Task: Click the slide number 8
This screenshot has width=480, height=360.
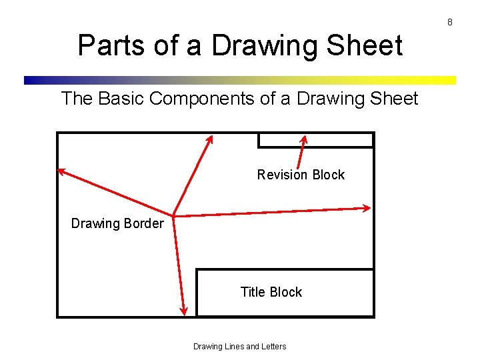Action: pos(450,22)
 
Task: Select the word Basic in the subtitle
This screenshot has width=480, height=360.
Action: pos(121,99)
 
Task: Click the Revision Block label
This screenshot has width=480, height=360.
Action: pos(301,175)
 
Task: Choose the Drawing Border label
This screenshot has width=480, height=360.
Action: pos(117,223)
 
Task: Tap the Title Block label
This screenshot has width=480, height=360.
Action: pos(271,292)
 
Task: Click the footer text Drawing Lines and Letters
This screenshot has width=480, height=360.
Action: pos(239,347)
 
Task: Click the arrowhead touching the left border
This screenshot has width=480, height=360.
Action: pos(61,171)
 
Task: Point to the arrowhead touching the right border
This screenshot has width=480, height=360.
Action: pos(367,208)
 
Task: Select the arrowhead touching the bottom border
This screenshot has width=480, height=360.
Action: pos(185,311)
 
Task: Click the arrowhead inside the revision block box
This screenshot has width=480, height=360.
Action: pos(304,139)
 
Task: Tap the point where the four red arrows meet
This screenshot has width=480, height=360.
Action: pos(173,215)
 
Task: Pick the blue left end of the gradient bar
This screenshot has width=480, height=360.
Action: pos(30,80)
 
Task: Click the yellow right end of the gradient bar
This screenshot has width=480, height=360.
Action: pos(449,80)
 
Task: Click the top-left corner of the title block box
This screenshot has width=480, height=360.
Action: pos(197,269)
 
